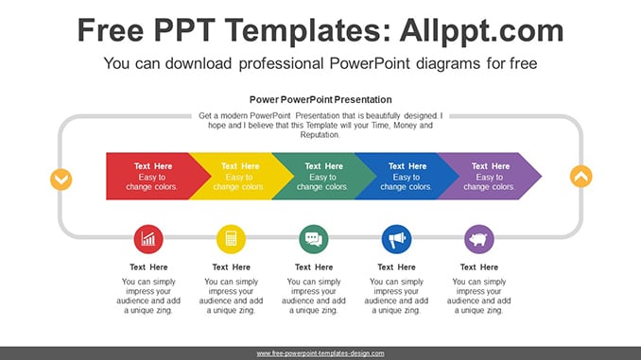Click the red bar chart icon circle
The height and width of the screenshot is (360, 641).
tap(148, 239)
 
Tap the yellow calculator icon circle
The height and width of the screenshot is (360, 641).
tap(231, 239)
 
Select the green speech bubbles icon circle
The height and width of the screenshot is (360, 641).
tap(314, 239)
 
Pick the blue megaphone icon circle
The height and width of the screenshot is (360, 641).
tap(396, 239)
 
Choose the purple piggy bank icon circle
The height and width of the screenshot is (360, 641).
tap(479, 239)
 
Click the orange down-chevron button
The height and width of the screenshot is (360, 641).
tap(61, 180)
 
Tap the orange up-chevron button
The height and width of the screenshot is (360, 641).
tap(580, 177)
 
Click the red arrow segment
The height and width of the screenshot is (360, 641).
tap(153, 176)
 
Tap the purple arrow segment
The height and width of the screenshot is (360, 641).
tap(490, 176)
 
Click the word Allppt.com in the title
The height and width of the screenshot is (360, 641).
tap(481, 30)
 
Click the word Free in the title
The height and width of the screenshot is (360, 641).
tap(111, 30)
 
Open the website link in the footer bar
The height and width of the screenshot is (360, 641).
tap(320, 353)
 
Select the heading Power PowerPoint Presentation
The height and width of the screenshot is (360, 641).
tap(320, 100)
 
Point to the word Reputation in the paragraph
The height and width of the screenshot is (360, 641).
tap(320, 135)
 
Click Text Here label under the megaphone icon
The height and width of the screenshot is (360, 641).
tap(396, 267)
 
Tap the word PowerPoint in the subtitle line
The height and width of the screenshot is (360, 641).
tap(369, 63)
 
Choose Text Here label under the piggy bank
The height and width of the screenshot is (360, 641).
tap(479, 267)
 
